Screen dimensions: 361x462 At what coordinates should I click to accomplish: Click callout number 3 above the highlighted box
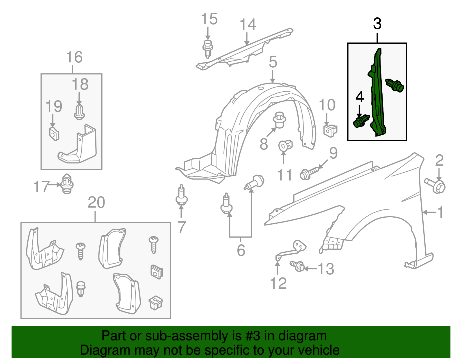point(377,24)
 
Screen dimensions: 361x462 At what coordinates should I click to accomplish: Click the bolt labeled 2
point(436,185)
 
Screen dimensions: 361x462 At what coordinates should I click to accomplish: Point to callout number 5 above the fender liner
point(273,62)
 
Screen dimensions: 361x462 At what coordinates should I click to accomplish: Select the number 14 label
point(248,25)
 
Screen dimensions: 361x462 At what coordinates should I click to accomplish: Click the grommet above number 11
point(285,145)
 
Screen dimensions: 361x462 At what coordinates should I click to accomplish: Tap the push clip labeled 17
point(67,184)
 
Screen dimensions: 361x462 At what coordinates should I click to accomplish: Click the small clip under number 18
point(79,112)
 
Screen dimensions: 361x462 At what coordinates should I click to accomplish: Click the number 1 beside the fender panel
point(440,212)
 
